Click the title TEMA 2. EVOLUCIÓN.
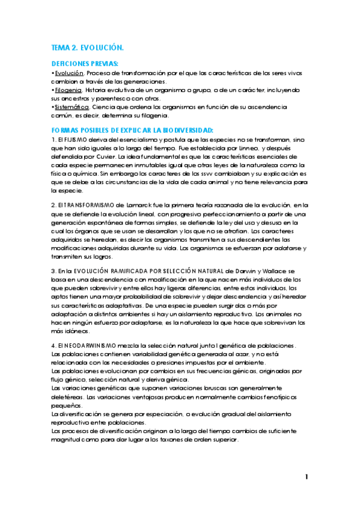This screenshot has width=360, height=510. coord(88,47)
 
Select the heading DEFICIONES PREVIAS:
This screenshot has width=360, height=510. coord(85,63)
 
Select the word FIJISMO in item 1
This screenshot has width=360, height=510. coord(75,140)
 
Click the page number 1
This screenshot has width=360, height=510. coord(307,477)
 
